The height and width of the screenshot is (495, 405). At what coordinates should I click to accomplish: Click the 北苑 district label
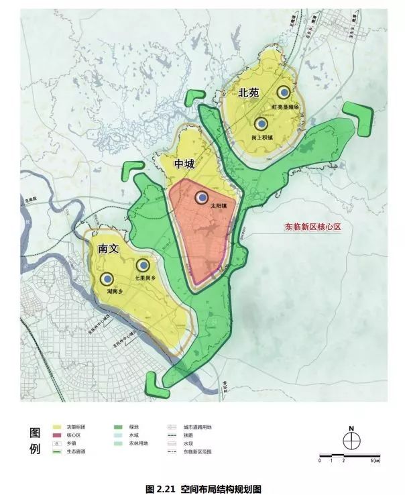pyautogui.click(x=248, y=93)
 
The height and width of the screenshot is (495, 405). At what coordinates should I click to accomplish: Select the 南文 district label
pyautogui.click(x=108, y=248)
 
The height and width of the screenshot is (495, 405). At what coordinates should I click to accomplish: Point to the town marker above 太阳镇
pyautogui.click(x=202, y=197)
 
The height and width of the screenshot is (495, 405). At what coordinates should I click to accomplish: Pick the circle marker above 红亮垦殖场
pyautogui.click(x=284, y=93)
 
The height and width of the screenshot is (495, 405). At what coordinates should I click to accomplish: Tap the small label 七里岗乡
pyautogui.click(x=145, y=278)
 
